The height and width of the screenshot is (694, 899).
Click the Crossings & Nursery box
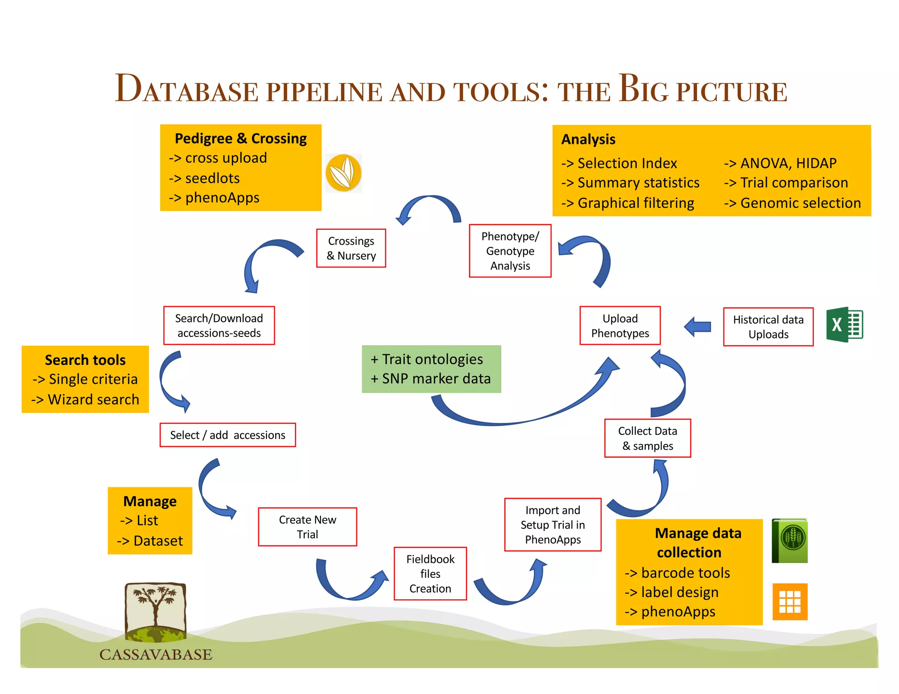[x=351, y=248]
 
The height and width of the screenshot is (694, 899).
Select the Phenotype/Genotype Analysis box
[x=510, y=251]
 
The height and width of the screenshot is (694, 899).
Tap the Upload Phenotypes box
[x=620, y=326]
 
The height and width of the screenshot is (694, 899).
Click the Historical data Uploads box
[x=768, y=327]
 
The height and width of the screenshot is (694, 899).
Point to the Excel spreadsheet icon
[x=845, y=325]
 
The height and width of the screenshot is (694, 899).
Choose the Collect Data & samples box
[x=647, y=438]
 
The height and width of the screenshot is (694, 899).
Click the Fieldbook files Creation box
[x=430, y=573]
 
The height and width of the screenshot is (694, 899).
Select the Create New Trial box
[x=307, y=527]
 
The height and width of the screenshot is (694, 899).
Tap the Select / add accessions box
[x=227, y=435]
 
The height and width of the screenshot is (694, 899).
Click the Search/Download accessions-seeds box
[x=219, y=326]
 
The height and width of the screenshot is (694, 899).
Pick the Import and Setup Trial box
[x=553, y=525]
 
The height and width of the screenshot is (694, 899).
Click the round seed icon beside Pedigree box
[x=343, y=173]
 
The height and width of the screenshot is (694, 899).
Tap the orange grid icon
[x=790, y=602]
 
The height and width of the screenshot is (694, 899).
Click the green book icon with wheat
[x=790, y=540]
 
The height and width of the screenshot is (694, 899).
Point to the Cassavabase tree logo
[x=155, y=612]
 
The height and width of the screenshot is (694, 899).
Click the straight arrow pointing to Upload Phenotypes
[x=698, y=327]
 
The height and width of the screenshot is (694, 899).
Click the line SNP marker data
[x=436, y=379]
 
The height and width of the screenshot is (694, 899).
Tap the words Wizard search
[x=93, y=400]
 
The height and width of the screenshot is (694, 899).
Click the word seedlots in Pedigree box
[x=212, y=178]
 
